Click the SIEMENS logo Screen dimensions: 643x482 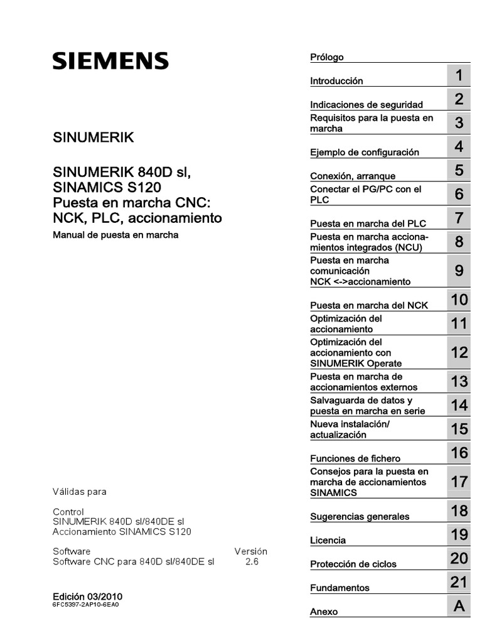110,61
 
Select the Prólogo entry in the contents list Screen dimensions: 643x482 327,57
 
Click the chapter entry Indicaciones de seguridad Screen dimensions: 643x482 367,105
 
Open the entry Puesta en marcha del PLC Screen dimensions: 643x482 359,224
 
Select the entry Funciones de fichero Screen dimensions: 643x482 355,458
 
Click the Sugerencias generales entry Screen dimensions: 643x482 360,517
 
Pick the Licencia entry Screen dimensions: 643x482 328,541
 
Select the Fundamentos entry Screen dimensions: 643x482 340,588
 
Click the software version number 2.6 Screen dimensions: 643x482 251,563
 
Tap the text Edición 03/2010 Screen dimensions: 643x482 87,596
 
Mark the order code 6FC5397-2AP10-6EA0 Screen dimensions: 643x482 85,605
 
